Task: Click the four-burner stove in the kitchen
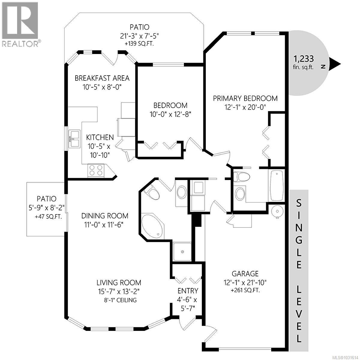[95, 170]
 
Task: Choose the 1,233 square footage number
[304, 58]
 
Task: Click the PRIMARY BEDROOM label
[245, 98]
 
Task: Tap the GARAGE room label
[245, 274]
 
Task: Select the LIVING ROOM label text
[119, 282]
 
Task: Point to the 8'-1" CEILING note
[119, 300]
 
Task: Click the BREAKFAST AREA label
[102, 78]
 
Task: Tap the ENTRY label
[188, 291]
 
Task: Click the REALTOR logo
[20, 24]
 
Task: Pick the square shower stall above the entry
[182, 251]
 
